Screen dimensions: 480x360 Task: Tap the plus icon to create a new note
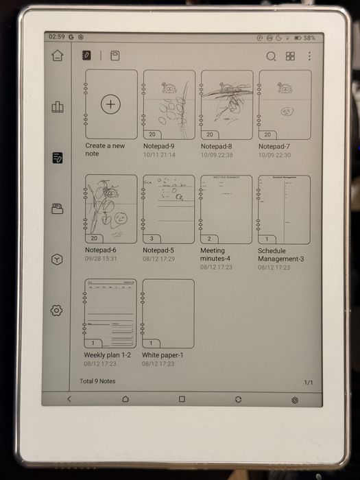click(110, 104)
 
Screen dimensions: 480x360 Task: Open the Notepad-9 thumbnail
click(168, 105)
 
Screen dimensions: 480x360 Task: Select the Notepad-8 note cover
click(226, 105)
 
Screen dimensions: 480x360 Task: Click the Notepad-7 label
click(274, 147)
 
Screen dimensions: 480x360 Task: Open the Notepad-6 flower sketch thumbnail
click(110, 209)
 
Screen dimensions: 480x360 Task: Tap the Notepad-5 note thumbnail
click(168, 209)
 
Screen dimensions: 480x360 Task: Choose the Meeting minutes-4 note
click(226, 209)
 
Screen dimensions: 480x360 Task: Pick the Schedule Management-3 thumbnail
click(284, 209)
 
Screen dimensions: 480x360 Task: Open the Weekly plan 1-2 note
click(110, 313)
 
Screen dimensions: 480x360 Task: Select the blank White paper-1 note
click(168, 313)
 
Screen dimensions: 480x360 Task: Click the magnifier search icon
click(271, 56)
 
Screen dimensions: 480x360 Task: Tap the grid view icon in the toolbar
click(290, 56)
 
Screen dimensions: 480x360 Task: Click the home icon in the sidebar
click(57, 56)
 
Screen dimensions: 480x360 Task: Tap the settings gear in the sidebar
click(57, 311)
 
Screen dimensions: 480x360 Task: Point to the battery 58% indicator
click(307, 38)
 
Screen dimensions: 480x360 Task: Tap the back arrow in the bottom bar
click(69, 398)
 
